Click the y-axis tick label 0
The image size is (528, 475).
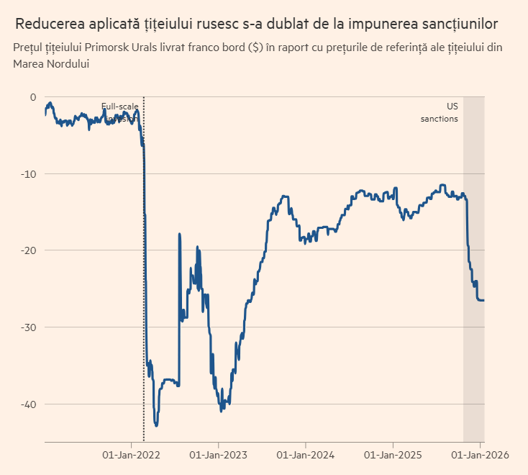(x=32, y=97)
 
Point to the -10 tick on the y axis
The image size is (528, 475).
(x=28, y=173)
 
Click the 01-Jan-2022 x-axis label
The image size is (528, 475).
(x=132, y=455)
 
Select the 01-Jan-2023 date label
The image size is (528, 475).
(x=219, y=455)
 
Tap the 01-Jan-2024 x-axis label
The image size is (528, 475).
(x=306, y=455)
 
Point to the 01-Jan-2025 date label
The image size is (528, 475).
(x=393, y=455)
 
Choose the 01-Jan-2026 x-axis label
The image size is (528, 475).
(x=480, y=455)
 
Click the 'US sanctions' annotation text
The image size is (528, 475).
(x=440, y=112)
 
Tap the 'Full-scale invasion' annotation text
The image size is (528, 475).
(x=119, y=112)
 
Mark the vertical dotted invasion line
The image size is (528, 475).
(x=144, y=288)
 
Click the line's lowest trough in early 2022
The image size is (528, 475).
(x=156, y=425)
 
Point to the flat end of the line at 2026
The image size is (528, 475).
(x=481, y=300)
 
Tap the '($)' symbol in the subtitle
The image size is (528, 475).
(x=255, y=48)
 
